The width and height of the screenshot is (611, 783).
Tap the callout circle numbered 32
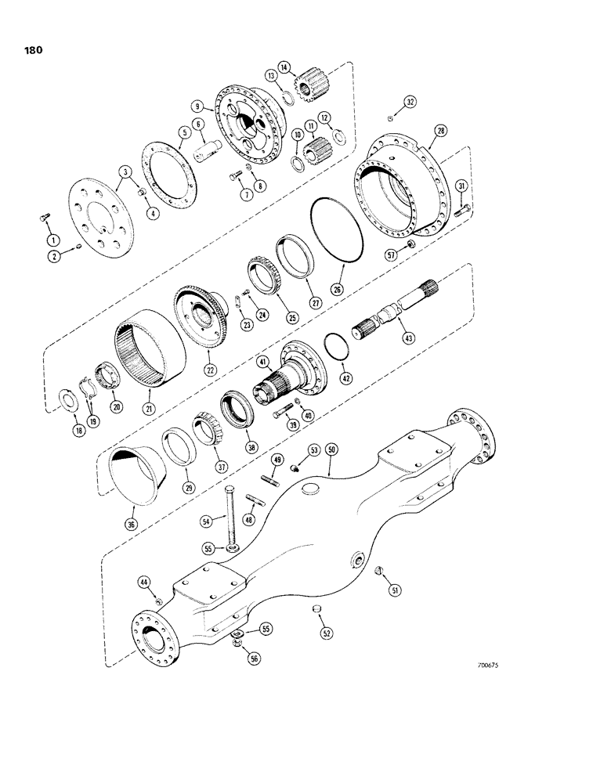click(x=410, y=103)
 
